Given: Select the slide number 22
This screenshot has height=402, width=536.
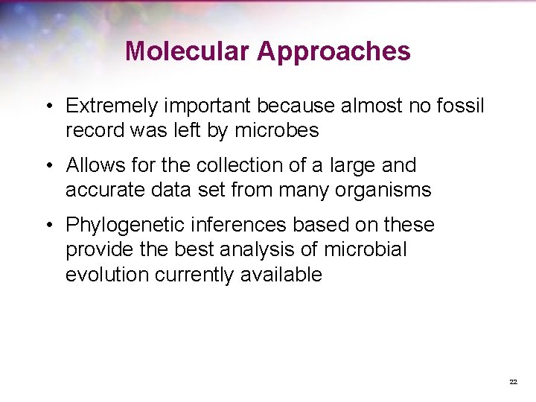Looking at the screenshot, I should [513, 382].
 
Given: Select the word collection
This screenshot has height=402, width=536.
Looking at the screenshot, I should [234, 165].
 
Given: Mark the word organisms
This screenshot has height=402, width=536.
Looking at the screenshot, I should [384, 190].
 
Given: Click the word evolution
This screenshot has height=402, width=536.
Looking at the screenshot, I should [107, 274].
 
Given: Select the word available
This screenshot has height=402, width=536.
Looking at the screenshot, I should [281, 274].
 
